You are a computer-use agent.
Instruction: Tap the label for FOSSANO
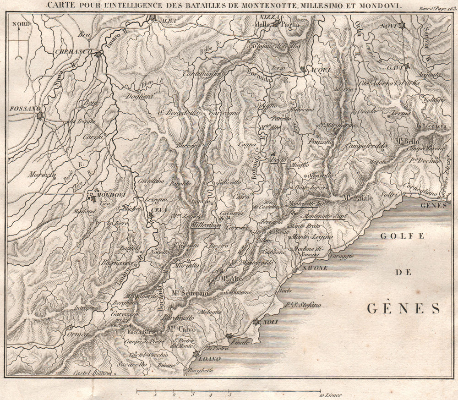pos(21,109)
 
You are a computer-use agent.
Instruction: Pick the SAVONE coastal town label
pos(315,268)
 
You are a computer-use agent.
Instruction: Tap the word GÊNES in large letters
pos(403,308)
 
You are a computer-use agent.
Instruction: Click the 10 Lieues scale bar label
pos(328,394)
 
